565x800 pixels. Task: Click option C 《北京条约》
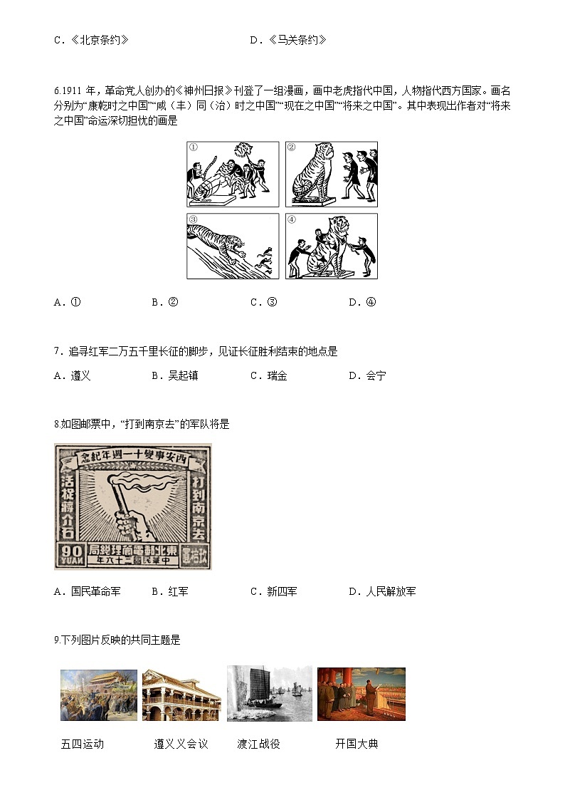point(91,40)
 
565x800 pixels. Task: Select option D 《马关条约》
point(288,40)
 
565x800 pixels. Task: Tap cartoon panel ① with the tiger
point(233,175)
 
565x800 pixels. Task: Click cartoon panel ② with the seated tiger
point(331,175)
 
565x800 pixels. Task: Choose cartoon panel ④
point(331,246)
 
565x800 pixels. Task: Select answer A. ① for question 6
point(68,302)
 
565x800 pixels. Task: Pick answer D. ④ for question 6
point(362,302)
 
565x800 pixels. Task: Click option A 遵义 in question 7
point(73,375)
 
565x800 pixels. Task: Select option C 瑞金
point(268,375)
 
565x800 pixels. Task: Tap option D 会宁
point(367,375)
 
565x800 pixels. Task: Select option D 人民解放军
point(382,591)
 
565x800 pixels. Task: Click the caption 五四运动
point(83,744)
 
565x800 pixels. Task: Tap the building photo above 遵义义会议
point(181,695)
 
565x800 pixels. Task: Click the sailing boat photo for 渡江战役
point(269,693)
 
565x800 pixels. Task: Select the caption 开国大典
point(357,744)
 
